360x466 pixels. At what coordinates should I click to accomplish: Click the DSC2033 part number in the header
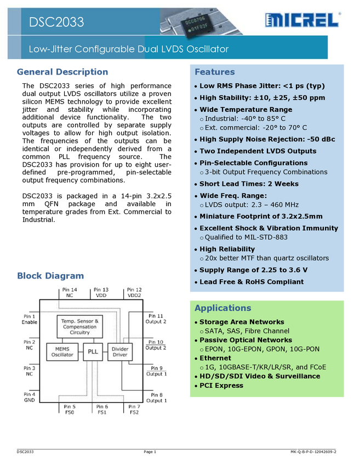(x=57, y=22)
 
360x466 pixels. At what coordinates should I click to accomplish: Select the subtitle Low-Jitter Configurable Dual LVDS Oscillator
(x=129, y=49)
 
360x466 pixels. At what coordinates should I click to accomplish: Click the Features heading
(x=214, y=72)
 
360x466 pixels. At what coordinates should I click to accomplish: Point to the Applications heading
(x=222, y=308)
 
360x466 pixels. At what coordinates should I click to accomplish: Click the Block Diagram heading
(x=51, y=276)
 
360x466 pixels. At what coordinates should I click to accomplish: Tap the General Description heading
(x=62, y=71)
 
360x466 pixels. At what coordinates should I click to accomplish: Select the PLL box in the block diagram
(x=92, y=351)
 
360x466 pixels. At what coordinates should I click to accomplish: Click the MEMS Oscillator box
(x=62, y=351)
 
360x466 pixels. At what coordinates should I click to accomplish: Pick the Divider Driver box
(x=120, y=351)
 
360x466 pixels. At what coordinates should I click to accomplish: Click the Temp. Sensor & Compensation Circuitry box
(x=80, y=327)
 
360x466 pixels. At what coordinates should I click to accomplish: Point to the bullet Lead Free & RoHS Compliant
(x=251, y=282)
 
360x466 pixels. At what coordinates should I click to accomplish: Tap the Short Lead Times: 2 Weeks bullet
(x=249, y=184)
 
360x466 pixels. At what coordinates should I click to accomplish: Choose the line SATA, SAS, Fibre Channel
(x=247, y=331)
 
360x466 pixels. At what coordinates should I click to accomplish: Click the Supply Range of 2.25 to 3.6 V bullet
(x=253, y=270)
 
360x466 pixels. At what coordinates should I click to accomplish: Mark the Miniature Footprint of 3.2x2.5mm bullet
(x=261, y=216)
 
